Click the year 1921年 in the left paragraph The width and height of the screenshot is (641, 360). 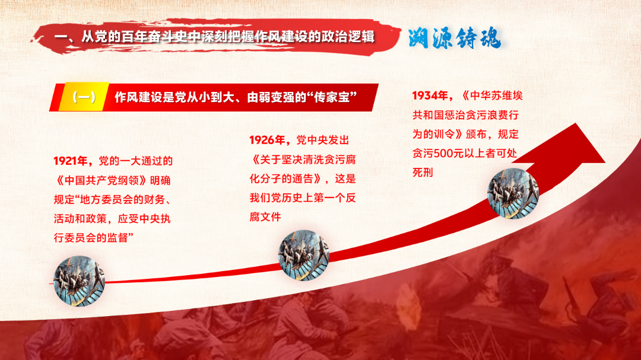click(70, 161)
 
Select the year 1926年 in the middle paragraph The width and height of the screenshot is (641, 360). click(266, 140)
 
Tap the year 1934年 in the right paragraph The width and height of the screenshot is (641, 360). click(430, 95)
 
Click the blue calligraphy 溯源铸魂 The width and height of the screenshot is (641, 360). click(454, 39)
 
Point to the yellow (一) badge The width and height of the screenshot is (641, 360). click(84, 97)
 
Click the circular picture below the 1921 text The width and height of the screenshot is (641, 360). click(80, 281)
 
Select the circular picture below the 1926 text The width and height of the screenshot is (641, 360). click(304, 256)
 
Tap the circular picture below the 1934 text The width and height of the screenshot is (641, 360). click(513, 194)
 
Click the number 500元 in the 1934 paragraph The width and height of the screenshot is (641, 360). click(449, 153)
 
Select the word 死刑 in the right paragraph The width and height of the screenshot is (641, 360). click(423, 173)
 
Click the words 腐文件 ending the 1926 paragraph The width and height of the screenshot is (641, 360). click(265, 217)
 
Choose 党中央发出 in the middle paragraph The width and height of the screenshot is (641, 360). click(322, 140)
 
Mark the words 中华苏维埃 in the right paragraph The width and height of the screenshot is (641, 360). click(496, 95)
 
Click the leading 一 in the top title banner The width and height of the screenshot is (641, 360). click(61, 37)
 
